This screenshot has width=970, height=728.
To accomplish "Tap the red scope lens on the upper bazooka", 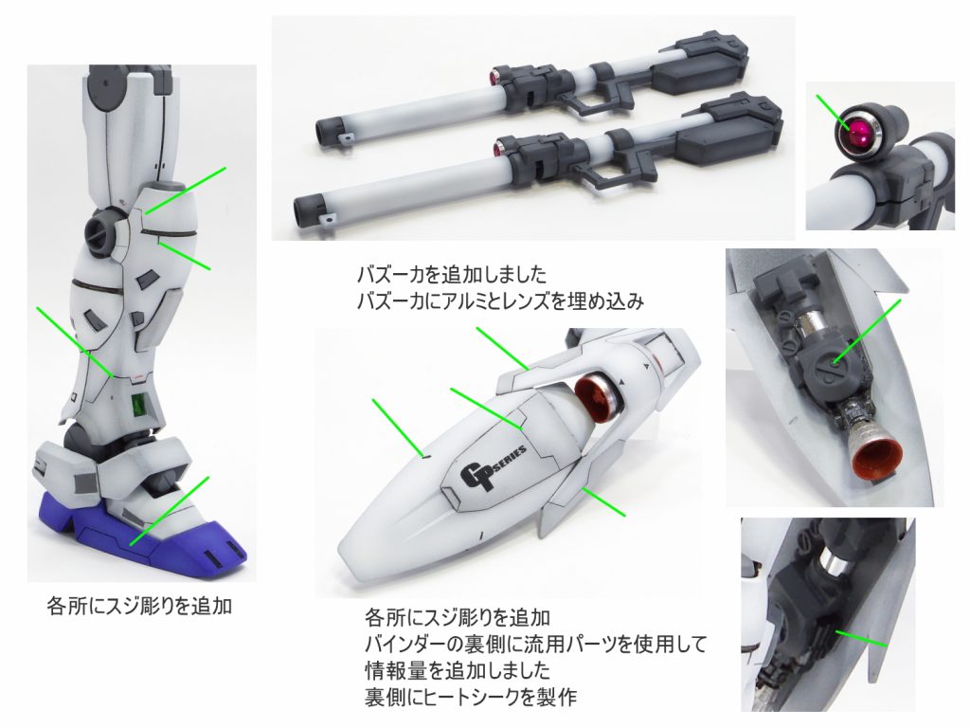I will click(x=493, y=77).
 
